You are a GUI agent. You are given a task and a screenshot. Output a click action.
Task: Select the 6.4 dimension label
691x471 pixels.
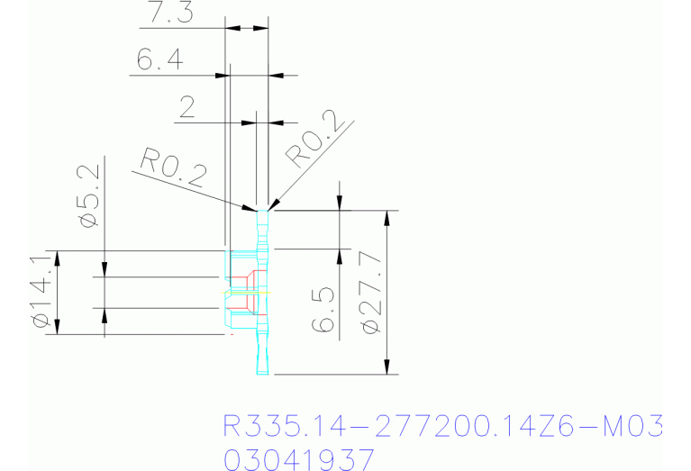click(160, 60)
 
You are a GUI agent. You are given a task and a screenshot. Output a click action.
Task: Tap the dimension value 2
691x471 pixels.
click(188, 109)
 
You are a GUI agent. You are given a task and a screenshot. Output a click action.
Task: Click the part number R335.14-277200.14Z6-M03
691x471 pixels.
click(442, 425)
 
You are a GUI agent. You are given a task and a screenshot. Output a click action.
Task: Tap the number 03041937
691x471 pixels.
click(298, 459)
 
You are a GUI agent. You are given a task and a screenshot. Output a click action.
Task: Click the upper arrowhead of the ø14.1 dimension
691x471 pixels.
click(58, 258)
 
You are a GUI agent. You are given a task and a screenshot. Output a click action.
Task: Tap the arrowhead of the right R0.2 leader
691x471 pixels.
click(270, 207)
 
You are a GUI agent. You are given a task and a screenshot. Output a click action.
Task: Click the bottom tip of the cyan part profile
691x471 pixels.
click(263, 373)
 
